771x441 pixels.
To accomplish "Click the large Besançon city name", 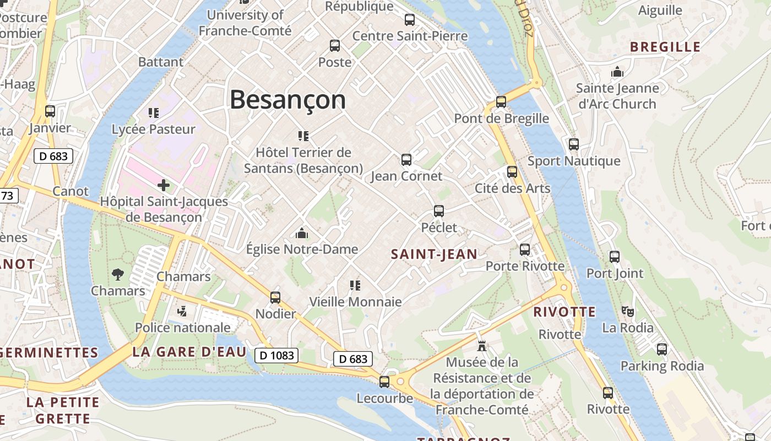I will coord(287,100).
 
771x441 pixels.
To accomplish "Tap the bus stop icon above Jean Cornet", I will coord(406,160).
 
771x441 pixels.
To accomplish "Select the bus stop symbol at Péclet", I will coord(439,211).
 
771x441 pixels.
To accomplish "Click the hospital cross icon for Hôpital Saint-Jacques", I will coord(164,185).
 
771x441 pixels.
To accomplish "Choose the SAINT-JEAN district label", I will coord(434,254).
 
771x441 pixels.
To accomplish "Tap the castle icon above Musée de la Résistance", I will coord(482,346).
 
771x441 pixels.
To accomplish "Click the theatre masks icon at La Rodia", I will coord(628,311).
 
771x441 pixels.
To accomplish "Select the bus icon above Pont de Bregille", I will coord(501,102).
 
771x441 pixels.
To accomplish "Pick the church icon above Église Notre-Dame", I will coord(302,233).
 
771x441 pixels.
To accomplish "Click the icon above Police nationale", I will coord(182,311).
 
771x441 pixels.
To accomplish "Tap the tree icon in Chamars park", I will coord(118,274).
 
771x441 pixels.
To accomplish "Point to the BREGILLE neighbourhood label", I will coord(665,47).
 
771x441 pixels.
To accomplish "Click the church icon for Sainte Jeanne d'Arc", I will coord(617,72).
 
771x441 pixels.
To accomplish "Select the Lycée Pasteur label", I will coord(154,130).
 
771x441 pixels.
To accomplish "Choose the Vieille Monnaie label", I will coord(355,302).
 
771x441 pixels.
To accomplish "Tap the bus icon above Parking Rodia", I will coord(662,349).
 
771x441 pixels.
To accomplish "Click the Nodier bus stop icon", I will coord(275,298).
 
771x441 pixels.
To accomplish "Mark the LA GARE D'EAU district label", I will coord(189,352).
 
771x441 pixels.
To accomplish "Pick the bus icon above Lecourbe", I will coord(384,381).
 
